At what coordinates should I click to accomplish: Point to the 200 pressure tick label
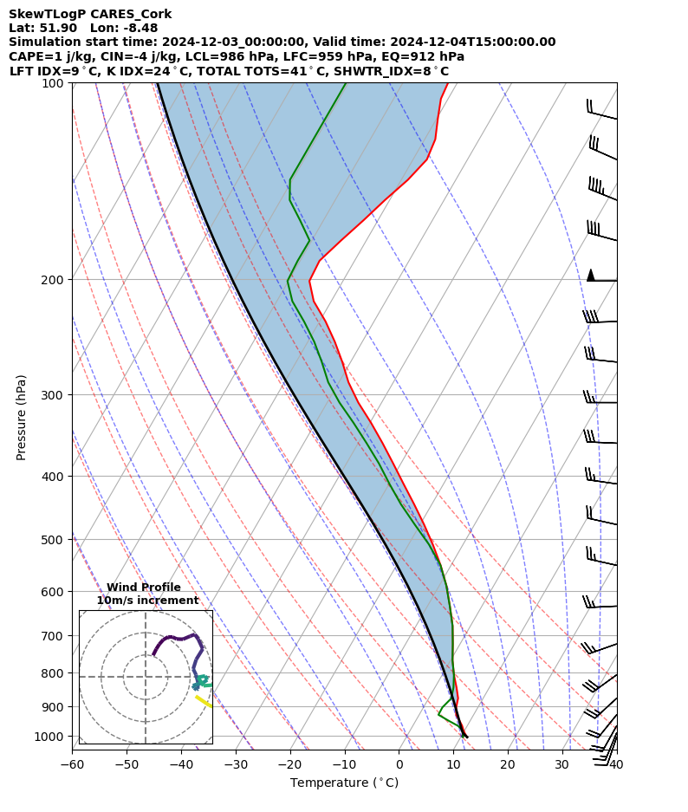coord(55,279)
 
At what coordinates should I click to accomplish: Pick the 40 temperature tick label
coord(616,765)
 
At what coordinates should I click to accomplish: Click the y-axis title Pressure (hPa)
coord(22,417)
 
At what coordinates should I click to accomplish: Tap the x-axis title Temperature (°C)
coord(344,783)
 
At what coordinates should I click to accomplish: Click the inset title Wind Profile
coord(144,588)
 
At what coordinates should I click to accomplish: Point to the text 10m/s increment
coord(147,601)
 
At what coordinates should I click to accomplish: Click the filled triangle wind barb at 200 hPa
coord(591,275)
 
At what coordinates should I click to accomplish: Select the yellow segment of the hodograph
coord(204,701)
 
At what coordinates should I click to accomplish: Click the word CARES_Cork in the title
coord(133,14)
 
